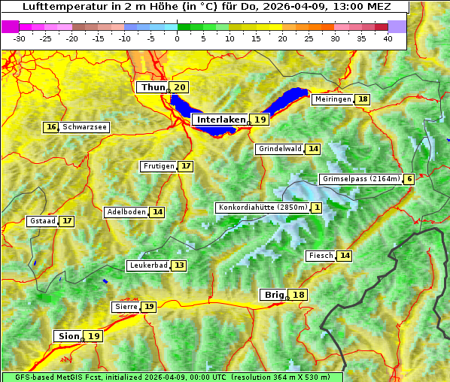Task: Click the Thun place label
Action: point(153,88)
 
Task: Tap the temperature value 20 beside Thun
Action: point(179,88)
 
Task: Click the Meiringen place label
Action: point(333,99)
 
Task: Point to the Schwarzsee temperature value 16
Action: point(51,127)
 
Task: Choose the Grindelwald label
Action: point(280,149)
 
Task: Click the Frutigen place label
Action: point(159,166)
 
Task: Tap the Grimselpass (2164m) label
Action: point(360,179)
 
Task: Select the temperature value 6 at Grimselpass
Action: point(409,179)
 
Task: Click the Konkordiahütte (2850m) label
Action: point(263,208)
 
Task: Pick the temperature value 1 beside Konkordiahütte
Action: point(317,208)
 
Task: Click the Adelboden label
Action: point(126,212)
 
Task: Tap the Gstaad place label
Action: point(42,221)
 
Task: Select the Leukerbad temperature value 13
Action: point(178,265)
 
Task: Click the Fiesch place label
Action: point(321,256)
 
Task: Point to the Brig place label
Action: point(272,295)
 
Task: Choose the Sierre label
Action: point(126,307)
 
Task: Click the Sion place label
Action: point(67,336)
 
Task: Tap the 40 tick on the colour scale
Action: point(388,38)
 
